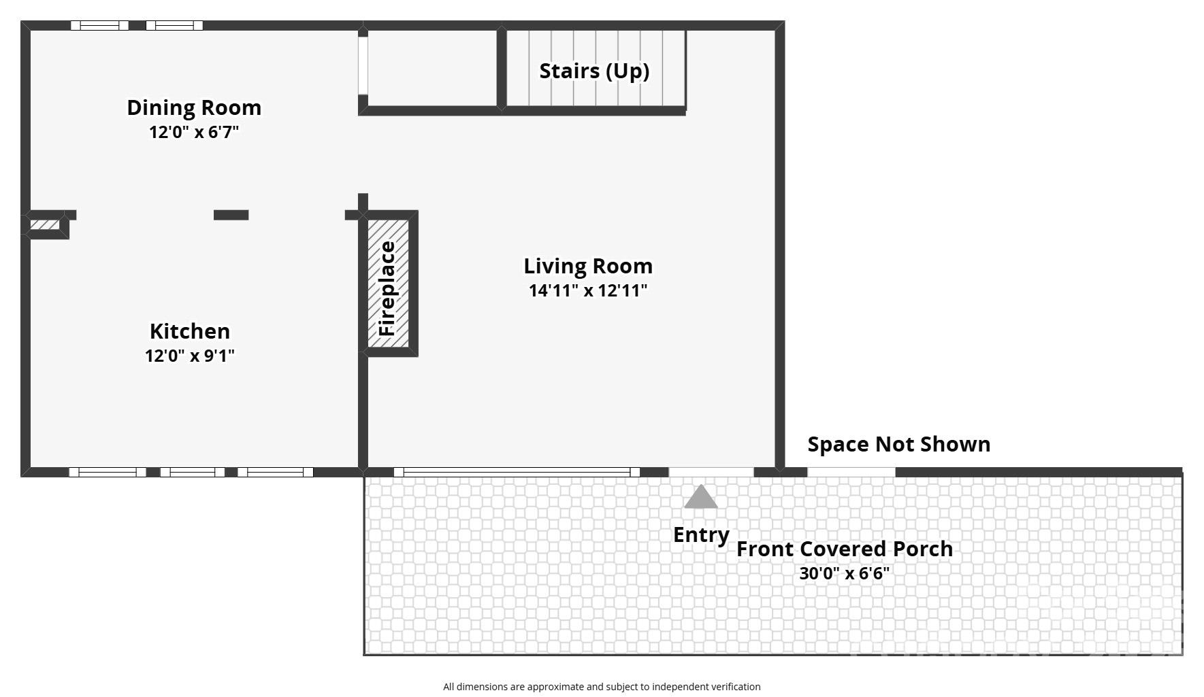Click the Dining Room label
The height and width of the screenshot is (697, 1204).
pos(194,107)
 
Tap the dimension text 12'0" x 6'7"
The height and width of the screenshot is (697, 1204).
pos(194,132)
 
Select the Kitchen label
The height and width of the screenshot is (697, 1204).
pos(190,331)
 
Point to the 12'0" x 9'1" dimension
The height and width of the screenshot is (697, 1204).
pos(190,356)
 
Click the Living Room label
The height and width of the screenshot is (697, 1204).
pos(588,266)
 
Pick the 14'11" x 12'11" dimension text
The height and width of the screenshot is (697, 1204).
pos(588,290)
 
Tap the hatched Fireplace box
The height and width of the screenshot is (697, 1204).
pos(389,284)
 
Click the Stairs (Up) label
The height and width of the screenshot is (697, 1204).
pos(594,71)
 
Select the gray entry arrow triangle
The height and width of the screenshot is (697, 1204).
pos(701,498)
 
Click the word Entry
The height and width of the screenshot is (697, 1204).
pos(701,534)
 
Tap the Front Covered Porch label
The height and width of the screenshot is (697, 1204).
pos(845,549)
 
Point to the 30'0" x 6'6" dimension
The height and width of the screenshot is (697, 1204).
pos(845,573)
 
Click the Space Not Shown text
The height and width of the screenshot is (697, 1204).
pos(898,444)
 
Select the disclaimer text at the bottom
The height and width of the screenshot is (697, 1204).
pos(602,687)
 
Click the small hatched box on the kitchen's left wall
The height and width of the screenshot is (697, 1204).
pos(45,224)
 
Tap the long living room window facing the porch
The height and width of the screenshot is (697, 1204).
pos(517,472)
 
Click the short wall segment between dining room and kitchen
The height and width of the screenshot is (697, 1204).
pos(231,215)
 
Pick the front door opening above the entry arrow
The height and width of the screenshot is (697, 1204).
pos(711,471)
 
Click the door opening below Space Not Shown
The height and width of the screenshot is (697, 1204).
pos(851,471)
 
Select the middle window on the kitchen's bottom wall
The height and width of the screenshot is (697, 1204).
pos(193,472)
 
